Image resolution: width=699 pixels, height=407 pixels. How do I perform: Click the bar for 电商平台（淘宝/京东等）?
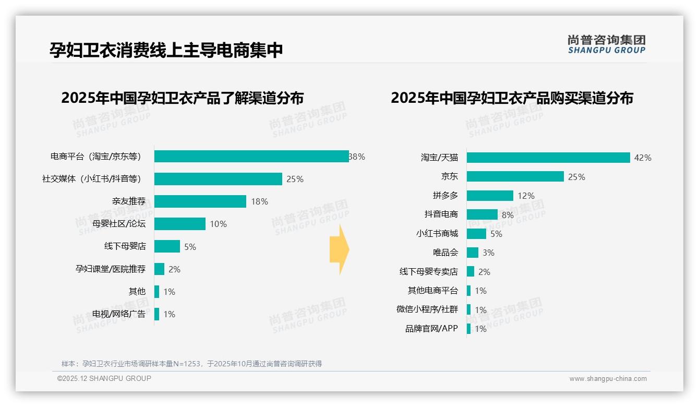tap(251, 157)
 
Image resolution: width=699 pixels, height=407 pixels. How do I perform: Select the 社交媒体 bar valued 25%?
tap(218, 179)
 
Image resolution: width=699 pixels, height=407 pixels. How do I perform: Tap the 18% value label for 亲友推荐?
tap(259, 201)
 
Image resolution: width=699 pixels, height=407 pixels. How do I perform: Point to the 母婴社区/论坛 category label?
tap(119, 224)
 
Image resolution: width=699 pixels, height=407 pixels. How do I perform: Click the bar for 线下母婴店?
tap(167, 246)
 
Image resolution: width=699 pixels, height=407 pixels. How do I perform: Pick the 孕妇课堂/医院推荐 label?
tap(111, 269)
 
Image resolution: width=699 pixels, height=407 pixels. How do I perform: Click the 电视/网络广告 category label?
tap(119, 314)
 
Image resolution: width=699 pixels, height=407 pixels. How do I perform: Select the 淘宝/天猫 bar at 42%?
tap(548, 158)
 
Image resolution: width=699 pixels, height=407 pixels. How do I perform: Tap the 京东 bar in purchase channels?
tap(515, 176)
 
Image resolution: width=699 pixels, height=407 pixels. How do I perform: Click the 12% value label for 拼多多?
tap(526, 196)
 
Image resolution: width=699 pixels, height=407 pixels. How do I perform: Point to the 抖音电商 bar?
tap(482, 214)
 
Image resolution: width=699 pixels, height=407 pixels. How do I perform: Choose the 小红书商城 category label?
tap(437, 233)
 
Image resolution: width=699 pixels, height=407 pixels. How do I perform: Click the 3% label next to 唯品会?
tap(488, 253)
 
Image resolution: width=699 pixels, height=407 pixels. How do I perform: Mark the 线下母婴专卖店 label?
tap(428, 272)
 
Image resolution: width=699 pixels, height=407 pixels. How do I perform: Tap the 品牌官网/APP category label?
tap(431, 329)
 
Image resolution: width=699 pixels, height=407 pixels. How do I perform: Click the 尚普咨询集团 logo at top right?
tap(606, 44)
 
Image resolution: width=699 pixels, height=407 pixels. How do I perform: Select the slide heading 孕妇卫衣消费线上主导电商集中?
tap(166, 50)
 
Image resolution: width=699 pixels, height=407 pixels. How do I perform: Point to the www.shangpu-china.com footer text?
tap(608, 379)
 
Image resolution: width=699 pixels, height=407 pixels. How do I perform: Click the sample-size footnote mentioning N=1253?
tap(191, 364)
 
